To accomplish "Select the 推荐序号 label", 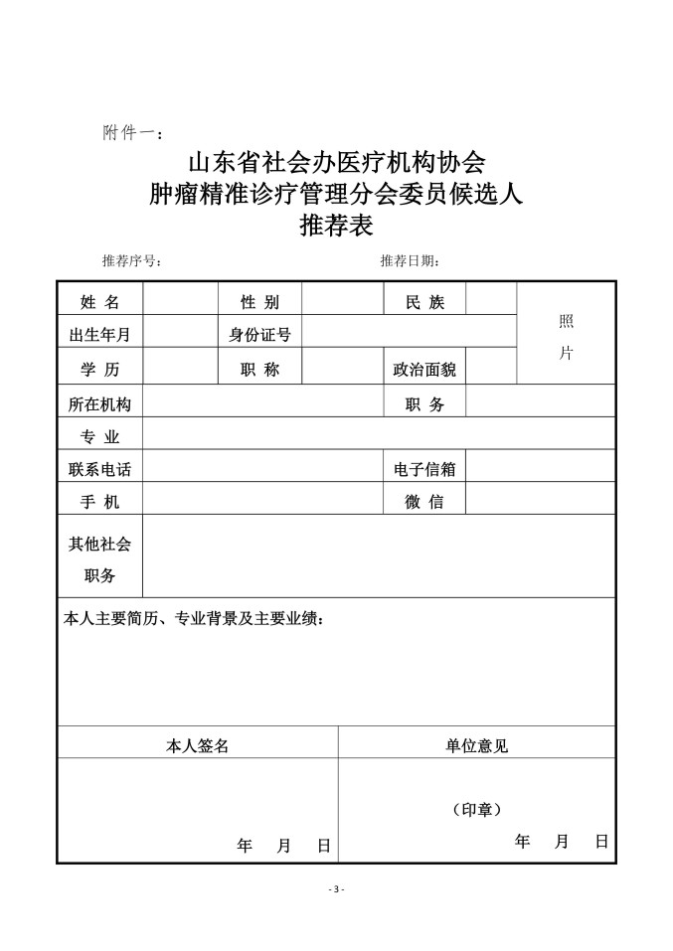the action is pyautogui.click(x=131, y=261).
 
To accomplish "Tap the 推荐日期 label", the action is pyautogui.click(x=410, y=261).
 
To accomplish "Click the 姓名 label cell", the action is pyautogui.click(x=99, y=302).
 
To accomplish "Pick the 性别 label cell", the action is pyautogui.click(x=259, y=302).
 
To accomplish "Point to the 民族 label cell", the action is pyautogui.click(x=424, y=302).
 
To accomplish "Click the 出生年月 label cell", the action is pyautogui.click(x=99, y=335).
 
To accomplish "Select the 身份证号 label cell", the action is pyautogui.click(x=259, y=335).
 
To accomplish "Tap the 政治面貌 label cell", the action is pyautogui.click(x=424, y=370).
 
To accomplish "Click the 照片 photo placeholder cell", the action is pyautogui.click(x=566, y=336).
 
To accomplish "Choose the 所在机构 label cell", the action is pyautogui.click(x=99, y=404).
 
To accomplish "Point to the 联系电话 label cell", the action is pyautogui.click(x=99, y=469).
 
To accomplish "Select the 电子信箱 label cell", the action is pyautogui.click(x=424, y=469).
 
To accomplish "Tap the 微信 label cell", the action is pyautogui.click(x=424, y=502).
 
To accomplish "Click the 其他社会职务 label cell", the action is pyautogui.click(x=99, y=559).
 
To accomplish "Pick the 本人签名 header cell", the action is pyautogui.click(x=197, y=745).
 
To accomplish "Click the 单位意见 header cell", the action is pyautogui.click(x=477, y=745).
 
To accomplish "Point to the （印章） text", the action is pyautogui.click(x=477, y=810).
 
